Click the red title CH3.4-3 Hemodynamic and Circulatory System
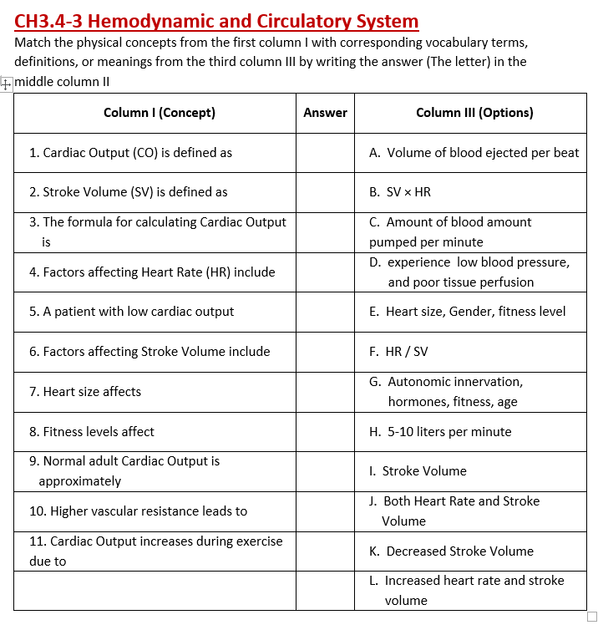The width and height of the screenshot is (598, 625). click(216, 21)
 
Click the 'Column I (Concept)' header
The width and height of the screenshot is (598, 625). click(159, 113)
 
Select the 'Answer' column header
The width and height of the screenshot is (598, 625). click(325, 113)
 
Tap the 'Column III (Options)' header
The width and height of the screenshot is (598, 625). click(474, 113)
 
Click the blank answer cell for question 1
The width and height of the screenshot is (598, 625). click(325, 153)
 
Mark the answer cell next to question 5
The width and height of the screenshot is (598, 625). click(325, 312)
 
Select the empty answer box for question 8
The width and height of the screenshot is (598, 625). click(325, 432)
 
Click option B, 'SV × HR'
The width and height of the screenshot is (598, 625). click(400, 192)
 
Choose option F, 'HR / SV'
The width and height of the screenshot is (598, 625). click(398, 352)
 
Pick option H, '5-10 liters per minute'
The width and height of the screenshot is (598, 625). click(440, 432)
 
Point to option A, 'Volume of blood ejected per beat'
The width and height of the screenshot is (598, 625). click(474, 153)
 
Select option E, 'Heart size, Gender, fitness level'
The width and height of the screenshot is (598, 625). click(467, 312)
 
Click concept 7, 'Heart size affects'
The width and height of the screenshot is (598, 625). click(85, 392)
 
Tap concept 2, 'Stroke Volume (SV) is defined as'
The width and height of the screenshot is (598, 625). click(128, 192)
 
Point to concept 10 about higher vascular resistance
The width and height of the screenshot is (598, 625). click(138, 511)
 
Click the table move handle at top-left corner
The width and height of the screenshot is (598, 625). click(6, 84)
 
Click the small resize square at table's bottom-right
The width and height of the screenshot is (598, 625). click(592, 616)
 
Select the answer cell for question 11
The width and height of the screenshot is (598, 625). click(325, 551)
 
